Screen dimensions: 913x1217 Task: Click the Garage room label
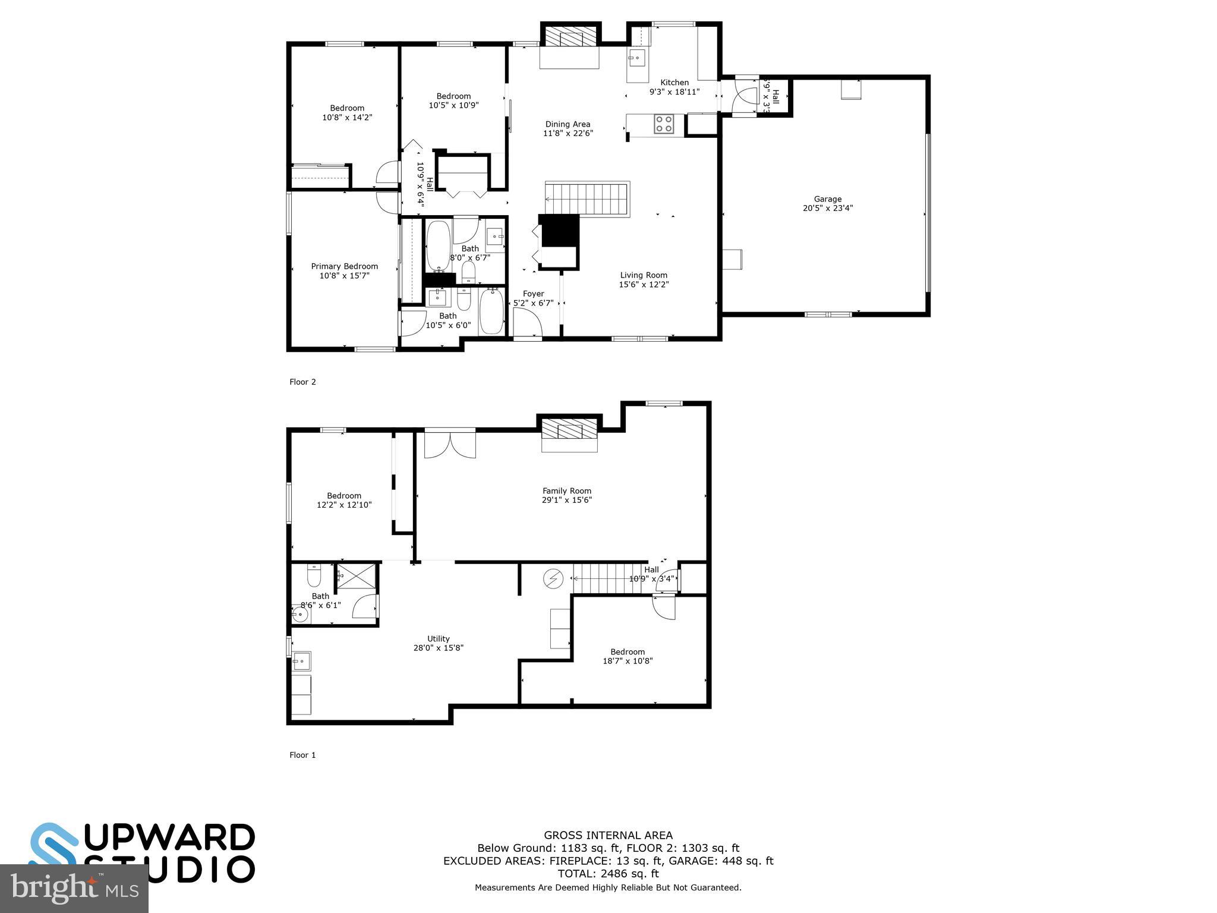[828, 199]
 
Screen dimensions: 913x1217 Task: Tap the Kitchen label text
[674, 83]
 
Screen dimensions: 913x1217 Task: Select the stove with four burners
[664, 124]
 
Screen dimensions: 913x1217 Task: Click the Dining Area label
[567, 124]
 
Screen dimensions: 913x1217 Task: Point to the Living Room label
[644, 275]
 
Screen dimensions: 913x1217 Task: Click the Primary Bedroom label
[345, 266]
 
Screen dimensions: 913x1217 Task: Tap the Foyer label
[533, 294]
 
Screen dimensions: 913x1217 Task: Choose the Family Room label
[567, 491]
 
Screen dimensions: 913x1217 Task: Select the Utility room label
[439, 639]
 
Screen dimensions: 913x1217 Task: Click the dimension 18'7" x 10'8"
[628, 660]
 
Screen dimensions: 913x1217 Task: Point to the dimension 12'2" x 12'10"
[344, 505]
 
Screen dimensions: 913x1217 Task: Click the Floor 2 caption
[302, 382]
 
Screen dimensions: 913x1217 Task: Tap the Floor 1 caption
[302, 755]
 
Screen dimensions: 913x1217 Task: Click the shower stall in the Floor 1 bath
[357, 575]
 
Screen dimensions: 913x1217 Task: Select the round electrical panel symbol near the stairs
[554, 578]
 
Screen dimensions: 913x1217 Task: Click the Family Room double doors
[450, 445]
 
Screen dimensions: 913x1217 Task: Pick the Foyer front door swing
[528, 324]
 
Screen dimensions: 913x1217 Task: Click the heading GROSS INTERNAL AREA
[608, 835]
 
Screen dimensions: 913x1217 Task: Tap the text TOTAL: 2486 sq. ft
[608, 874]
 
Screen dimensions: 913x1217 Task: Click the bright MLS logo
[74, 889]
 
